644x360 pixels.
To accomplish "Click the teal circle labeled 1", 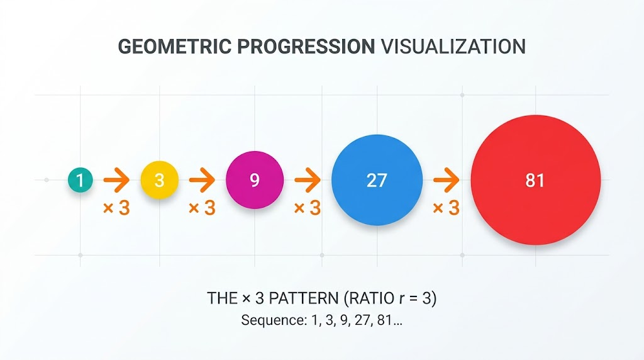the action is pyautogui.click(x=80, y=180).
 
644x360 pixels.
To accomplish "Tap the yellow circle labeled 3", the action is pyautogui.click(x=160, y=180).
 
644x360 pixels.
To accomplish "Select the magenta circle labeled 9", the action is pyautogui.click(x=255, y=180).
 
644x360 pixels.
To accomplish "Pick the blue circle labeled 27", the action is pyautogui.click(x=377, y=180).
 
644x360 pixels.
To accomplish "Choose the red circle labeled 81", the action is pyautogui.click(x=536, y=180).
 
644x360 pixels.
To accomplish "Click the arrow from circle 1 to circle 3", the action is pyautogui.click(x=116, y=180).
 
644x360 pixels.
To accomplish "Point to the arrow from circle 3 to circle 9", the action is pyautogui.click(x=202, y=180).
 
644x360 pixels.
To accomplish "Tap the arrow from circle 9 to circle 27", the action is pyautogui.click(x=308, y=180).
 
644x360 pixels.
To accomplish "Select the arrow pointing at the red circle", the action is pyautogui.click(x=447, y=180).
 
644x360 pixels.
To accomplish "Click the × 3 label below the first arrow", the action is pyautogui.click(x=116, y=208).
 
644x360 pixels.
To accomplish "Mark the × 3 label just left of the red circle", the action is pyautogui.click(x=446, y=208).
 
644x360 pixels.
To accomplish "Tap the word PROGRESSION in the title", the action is pyautogui.click(x=306, y=47).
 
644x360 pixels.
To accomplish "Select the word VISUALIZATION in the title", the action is pyautogui.click(x=453, y=47).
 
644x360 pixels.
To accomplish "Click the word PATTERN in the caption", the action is pyautogui.click(x=304, y=298).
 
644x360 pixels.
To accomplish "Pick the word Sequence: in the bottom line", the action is pyautogui.click(x=274, y=320).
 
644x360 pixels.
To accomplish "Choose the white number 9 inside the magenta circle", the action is pyautogui.click(x=255, y=180).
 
